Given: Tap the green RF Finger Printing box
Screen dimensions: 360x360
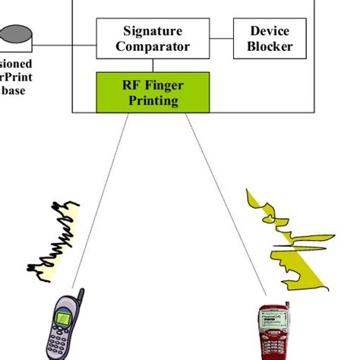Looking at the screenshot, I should coord(153,92).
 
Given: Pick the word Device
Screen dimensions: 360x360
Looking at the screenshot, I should coord(270,31).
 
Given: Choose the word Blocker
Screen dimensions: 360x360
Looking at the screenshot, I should coord(270,47).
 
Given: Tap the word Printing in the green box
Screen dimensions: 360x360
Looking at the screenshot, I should coord(153,99).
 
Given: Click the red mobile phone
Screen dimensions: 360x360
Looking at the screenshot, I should coord(273,334).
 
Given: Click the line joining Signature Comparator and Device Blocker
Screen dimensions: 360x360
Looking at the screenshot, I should coord(221,38).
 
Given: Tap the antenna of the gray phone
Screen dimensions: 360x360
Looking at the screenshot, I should coord(79,295).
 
